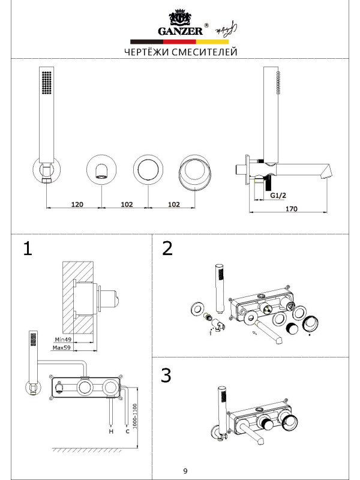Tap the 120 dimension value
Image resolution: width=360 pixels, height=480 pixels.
coord(77,204)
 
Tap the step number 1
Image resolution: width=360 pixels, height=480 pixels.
coord(26,249)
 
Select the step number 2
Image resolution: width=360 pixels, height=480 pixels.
coord(167,249)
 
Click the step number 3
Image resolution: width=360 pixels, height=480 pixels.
coord(167,376)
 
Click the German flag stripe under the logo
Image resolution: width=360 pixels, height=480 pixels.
coord(180,42)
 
